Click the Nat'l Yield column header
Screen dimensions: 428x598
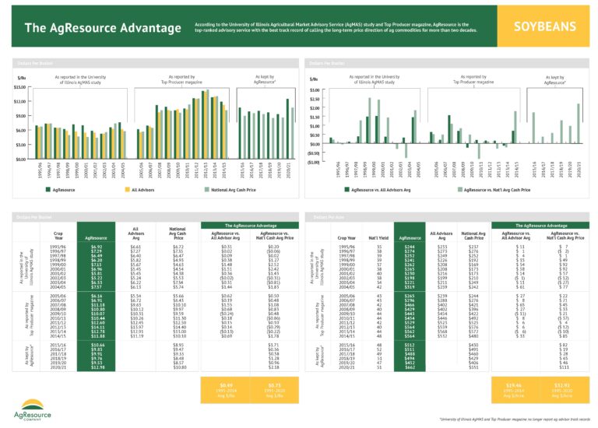pyautogui.click(x=378, y=237)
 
